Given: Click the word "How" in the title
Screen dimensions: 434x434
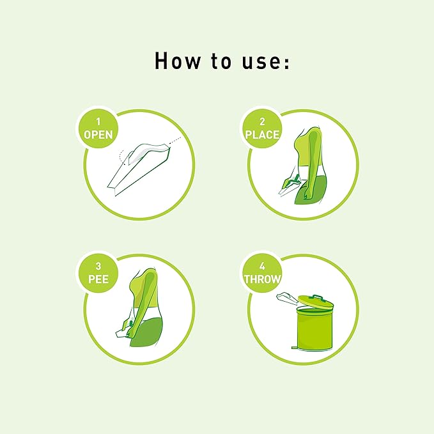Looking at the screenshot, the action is (x=177, y=61).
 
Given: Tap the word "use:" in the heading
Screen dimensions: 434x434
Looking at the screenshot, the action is (x=266, y=61).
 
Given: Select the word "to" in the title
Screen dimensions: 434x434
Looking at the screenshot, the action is (x=221, y=61).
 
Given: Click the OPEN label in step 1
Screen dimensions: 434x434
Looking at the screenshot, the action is (x=98, y=135).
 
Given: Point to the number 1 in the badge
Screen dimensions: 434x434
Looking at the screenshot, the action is (x=98, y=121).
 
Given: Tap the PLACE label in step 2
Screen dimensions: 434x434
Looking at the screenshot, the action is (x=262, y=135).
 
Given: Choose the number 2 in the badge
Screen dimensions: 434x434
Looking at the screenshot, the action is (x=262, y=121).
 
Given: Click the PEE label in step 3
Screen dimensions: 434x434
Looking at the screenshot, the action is (x=98, y=279).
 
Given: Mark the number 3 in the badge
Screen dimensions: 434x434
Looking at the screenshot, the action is (x=98, y=266).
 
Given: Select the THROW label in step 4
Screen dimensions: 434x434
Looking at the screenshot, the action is (x=262, y=279).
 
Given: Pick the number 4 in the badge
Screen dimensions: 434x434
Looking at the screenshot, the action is (x=262, y=266).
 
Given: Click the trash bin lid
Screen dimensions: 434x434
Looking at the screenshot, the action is (x=316, y=302).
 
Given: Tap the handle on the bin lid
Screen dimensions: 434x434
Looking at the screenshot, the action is (x=318, y=297).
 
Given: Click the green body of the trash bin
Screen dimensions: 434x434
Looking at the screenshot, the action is (x=314, y=329).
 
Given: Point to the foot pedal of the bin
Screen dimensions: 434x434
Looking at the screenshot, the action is (x=295, y=347).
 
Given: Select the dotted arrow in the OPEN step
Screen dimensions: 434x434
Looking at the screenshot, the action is (x=174, y=140).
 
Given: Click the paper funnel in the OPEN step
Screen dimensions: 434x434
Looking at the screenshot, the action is (x=139, y=169).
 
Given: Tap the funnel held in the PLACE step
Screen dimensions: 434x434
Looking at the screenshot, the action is (x=290, y=186).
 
